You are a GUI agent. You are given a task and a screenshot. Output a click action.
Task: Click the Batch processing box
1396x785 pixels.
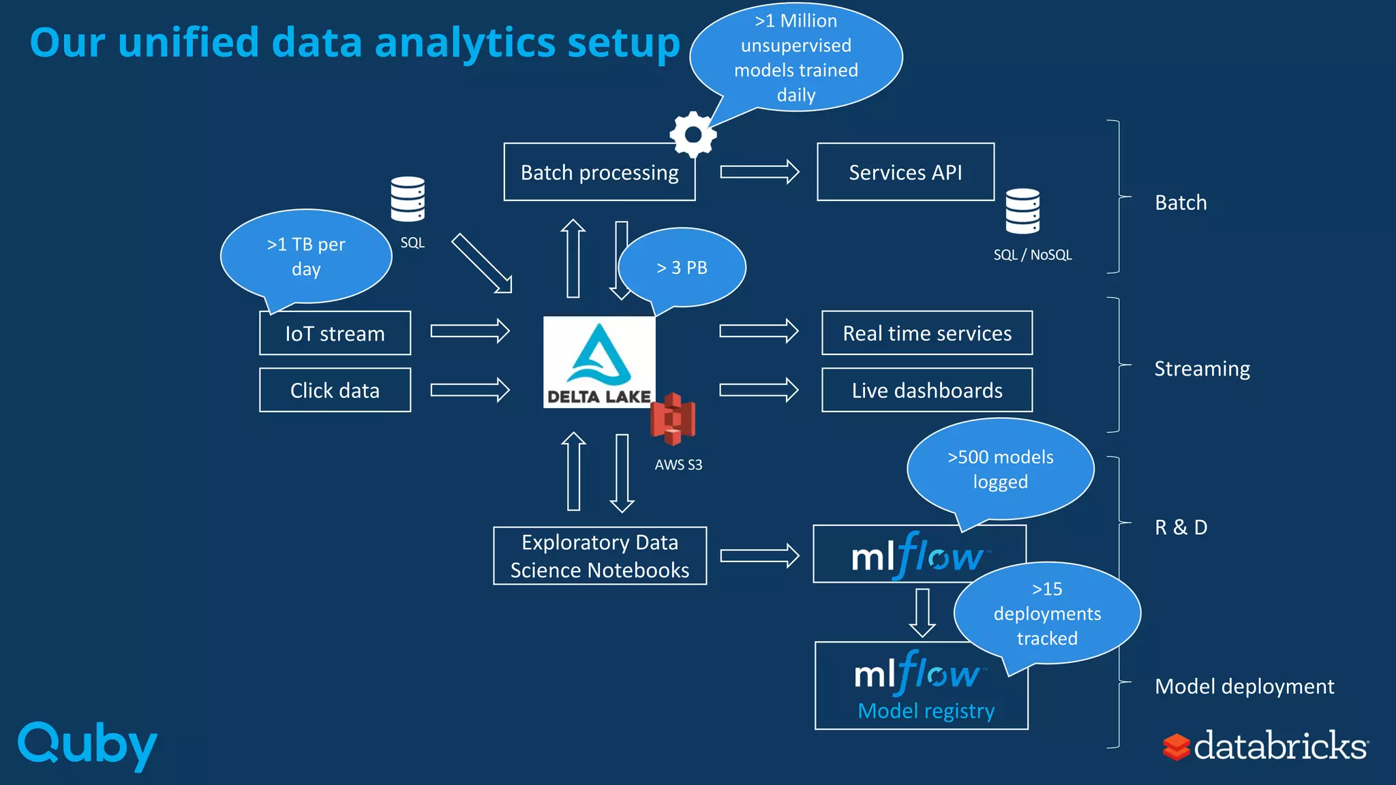(x=598, y=172)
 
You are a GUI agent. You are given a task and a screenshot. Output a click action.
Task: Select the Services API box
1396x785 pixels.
(x=905, y=172)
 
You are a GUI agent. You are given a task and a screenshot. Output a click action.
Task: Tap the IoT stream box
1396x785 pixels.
(x=335, y=333)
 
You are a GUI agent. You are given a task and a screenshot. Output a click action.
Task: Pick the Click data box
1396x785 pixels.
(x=335, y=390)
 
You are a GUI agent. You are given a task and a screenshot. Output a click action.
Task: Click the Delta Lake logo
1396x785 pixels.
(x=598, y=362)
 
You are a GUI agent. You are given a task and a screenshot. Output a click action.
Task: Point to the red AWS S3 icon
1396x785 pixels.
(x=673, y=419)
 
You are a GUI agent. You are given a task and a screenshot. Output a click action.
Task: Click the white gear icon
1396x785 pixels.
(x=693, y=135)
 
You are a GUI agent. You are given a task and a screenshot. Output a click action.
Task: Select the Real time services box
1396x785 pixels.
(x=926, y=333)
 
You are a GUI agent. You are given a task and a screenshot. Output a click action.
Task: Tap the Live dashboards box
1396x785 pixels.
(x=926, y=390)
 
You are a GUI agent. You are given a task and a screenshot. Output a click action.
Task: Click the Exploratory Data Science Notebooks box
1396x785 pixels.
(x=599, y=556)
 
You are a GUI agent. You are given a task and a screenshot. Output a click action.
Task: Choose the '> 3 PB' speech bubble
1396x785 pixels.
(x=682, y=268)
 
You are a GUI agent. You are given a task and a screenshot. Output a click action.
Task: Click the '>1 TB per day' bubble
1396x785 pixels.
(x=306, y=256)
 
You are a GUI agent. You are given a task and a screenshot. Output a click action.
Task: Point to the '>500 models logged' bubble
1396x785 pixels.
(x=1000, y=469)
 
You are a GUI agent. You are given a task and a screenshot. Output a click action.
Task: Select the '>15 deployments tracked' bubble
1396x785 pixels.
(x=1047, y=613)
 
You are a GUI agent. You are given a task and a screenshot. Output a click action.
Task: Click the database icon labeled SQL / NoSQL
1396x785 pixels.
(x=1022, y=211)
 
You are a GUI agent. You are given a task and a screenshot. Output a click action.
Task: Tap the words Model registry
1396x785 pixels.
(x=926, y=711)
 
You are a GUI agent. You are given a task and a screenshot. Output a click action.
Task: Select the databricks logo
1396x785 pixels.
(x=1265, y=745)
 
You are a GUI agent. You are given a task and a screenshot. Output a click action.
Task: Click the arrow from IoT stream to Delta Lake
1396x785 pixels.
(x=470, y=331)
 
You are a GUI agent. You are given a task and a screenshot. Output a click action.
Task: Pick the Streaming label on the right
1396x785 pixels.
(x=1202, y=369)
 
